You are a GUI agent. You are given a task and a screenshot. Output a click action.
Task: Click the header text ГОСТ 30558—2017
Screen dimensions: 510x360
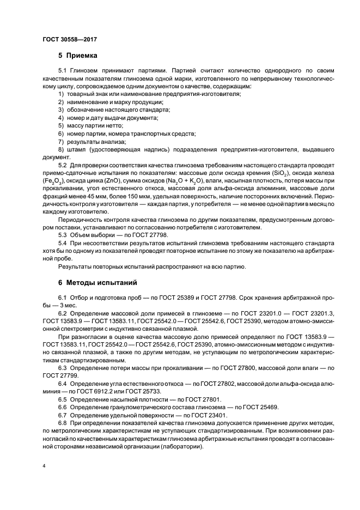(67, 39)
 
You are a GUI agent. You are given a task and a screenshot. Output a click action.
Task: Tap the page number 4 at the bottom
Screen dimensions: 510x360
(44, 466)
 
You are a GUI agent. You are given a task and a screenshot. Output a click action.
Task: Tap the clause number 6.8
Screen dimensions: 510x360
(63, 424)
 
